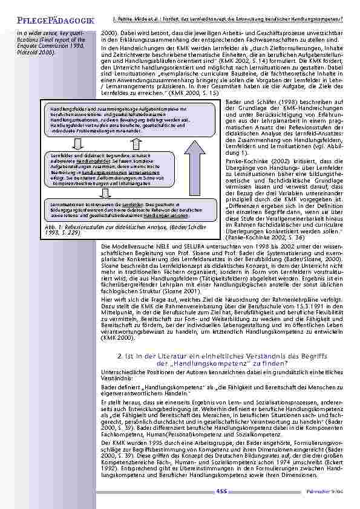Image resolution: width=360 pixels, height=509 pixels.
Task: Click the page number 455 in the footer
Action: [221, 490]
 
